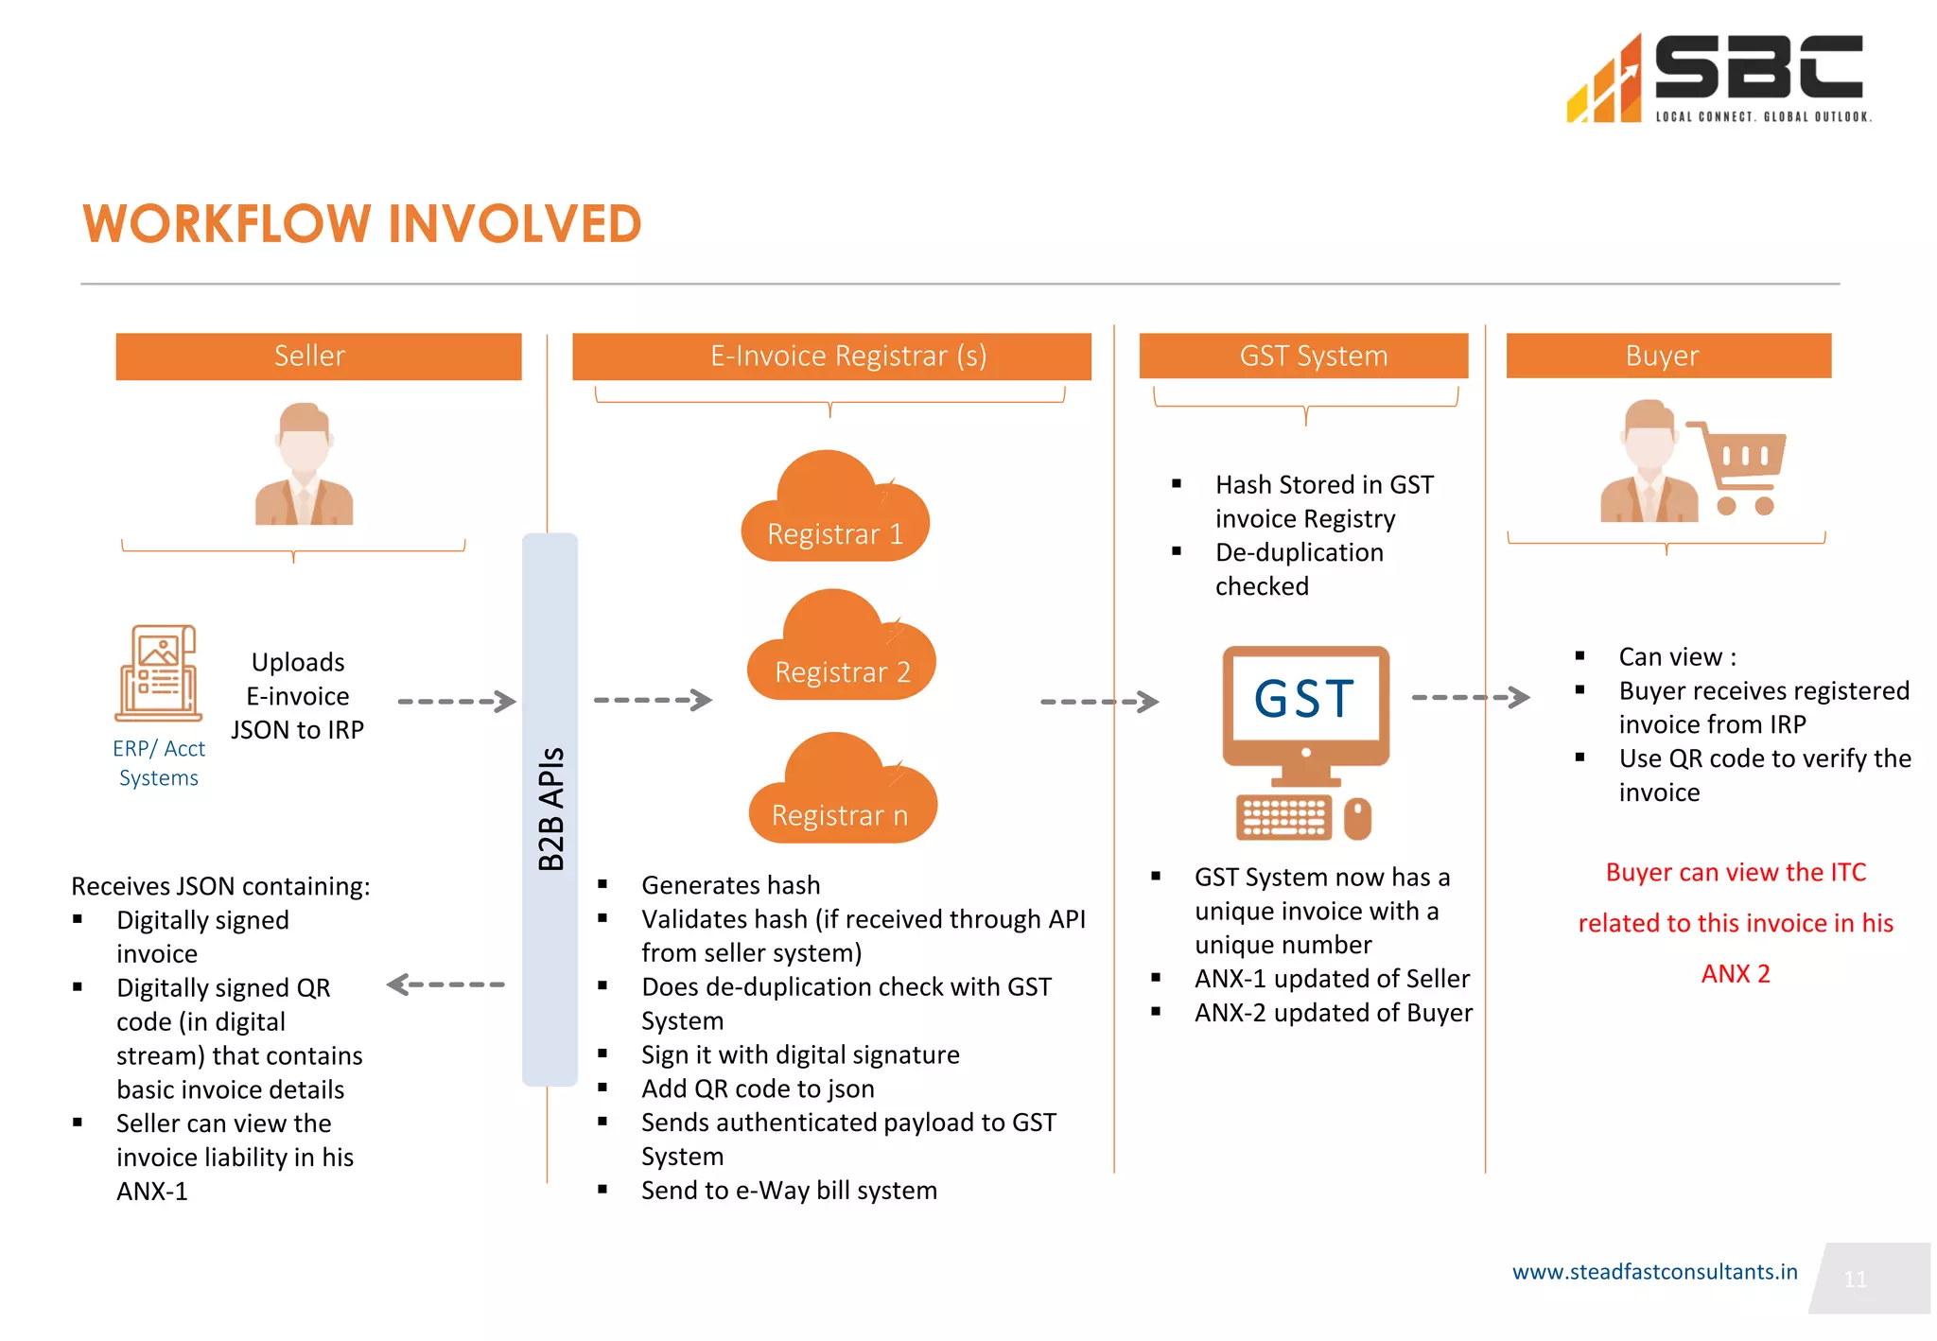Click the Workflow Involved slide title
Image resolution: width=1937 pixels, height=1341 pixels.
(362, 224)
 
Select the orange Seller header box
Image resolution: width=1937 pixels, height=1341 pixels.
(318, 356)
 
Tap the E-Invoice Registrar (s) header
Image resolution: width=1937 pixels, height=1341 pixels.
(831, 356)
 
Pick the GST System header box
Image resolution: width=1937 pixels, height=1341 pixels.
(1303, 356)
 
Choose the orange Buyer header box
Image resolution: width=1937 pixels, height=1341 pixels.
(1667, 356)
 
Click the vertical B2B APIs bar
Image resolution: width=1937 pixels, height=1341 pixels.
(550, 809)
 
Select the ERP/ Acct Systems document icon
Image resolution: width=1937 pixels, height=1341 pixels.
(159, 672)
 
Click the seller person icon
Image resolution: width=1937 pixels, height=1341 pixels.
(304, 464)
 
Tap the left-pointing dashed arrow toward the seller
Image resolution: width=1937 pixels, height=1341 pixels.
(445, 984)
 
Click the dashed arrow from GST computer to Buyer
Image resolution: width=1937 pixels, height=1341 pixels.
(1470, 697)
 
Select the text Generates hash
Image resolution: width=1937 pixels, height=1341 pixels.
(730, 885)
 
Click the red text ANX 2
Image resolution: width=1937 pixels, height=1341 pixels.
(1735, 973)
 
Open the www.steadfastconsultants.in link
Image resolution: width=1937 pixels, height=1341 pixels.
(1654, 1272)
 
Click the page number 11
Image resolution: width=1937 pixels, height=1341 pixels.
(1855, 1280)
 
